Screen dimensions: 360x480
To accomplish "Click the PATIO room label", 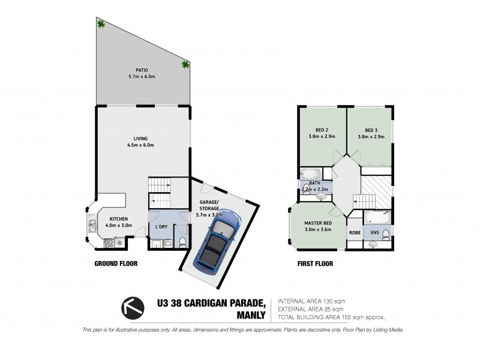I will click(x=142, y=70).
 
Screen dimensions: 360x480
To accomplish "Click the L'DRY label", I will click(x=161, y=226).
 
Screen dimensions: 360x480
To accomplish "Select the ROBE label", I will click(x=354, y=232).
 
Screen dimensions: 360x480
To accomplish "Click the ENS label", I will click(x=375, y=232).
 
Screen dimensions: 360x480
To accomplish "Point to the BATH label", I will click(x=314, y=184).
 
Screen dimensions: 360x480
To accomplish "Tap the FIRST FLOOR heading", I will click(x=315, y=263).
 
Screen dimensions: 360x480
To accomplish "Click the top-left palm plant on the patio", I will click(x=101, y=24).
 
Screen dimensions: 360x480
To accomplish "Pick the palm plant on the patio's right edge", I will click(x=185, y=65).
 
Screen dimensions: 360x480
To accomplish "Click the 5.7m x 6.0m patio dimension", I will click(x=142, y=77).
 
